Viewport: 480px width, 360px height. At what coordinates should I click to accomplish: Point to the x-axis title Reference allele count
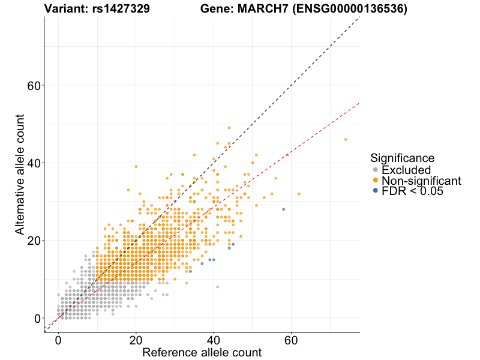pyautogui.click(x=202, y=352)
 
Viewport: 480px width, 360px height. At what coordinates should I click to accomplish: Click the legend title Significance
pyautogui.click(x=402, y=158)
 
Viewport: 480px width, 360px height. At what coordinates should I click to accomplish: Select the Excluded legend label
pyautogui.click(x=406, y=170)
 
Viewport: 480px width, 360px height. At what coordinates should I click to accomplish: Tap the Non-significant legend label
pyautogui.click(x=421, y=181)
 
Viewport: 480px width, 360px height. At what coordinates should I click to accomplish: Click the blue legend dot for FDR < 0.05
pyautogui.click(x=376, y=191)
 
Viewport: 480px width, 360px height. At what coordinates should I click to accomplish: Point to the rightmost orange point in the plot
pyautogui.click(x=346, y=139)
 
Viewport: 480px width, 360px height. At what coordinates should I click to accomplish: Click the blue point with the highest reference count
pyautogui.click(x=283, y=209)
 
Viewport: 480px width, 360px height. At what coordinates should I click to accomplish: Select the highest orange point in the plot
pyautogui.click(x=229, y=128)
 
